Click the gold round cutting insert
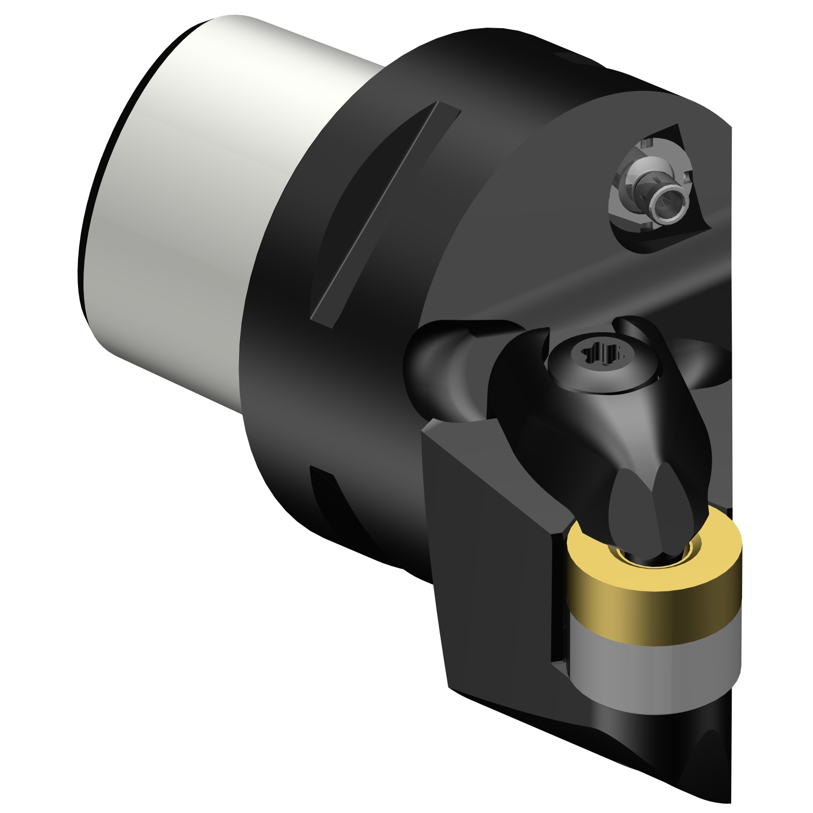(x=650, y=602)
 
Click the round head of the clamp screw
(x=602, y=369)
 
